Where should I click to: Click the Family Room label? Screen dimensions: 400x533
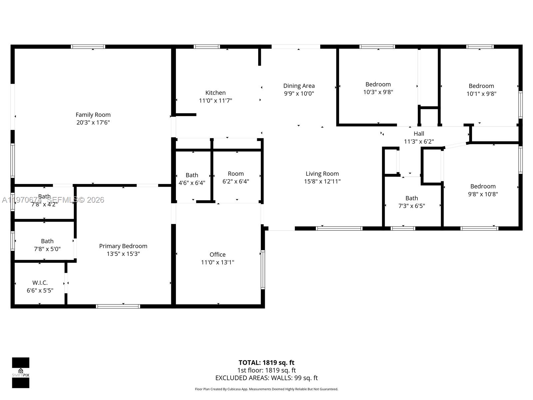pos(93,115)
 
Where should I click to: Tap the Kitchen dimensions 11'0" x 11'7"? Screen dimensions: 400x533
pos(216,100)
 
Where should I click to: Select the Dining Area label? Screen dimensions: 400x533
pos(299,86)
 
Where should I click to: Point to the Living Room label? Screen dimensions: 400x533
pos(322,174)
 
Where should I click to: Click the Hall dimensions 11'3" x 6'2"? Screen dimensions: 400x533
pos(419,141)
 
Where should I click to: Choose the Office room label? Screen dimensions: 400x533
pos(218,255)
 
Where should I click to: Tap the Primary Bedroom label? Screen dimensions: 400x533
pos(123,246)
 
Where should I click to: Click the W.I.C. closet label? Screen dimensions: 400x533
pos(40,283)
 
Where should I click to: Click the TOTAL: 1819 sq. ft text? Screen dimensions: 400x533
pos(266,363)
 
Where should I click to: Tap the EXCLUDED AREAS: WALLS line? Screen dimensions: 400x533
pos(266,378)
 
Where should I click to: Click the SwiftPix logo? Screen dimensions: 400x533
pos(21,373)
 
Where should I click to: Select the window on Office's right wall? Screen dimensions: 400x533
pos(263,269)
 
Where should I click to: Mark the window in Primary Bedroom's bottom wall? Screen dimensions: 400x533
pos(118,306)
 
